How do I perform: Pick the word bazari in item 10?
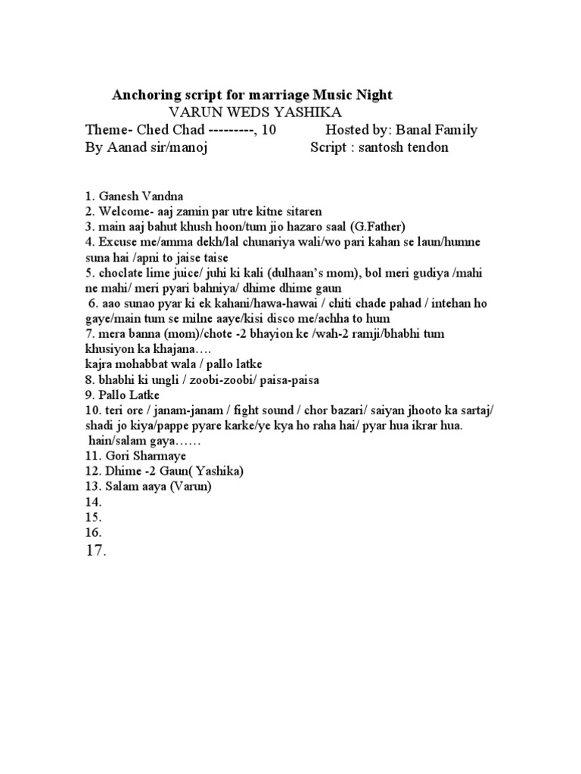coord(344,411)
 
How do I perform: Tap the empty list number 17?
coord(95,551)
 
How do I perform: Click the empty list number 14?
coord(94,502)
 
